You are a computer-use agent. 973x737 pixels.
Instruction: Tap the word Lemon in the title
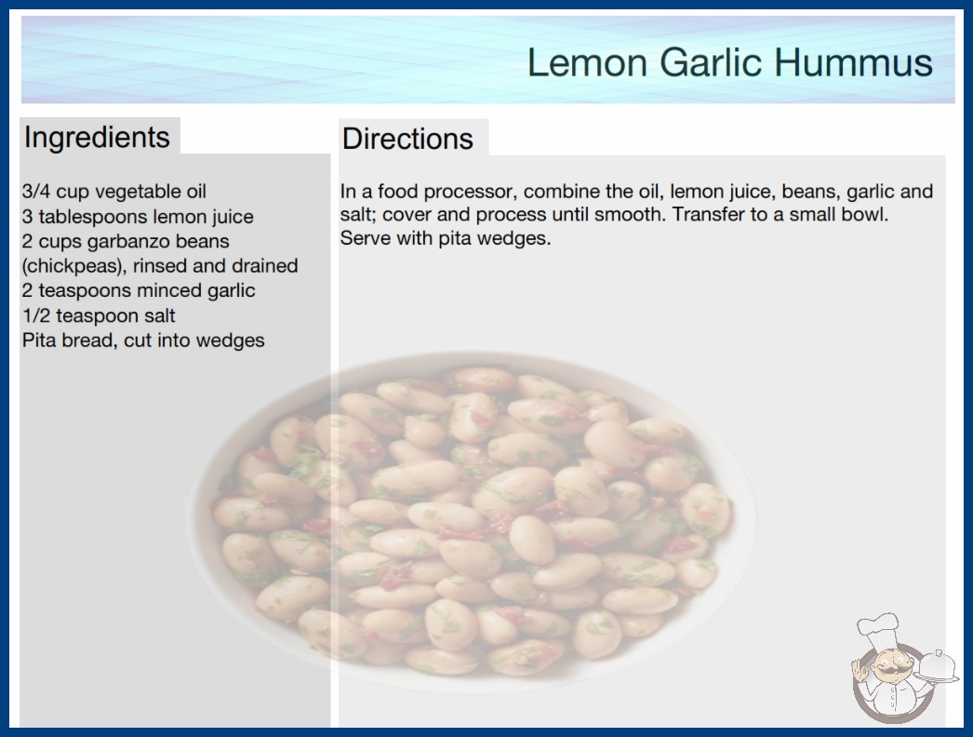587,62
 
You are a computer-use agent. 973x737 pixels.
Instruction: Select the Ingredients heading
97,137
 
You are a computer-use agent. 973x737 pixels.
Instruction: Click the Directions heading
407,139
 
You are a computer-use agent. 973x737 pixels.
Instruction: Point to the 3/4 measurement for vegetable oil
36,192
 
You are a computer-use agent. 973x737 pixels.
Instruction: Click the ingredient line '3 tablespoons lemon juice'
138,217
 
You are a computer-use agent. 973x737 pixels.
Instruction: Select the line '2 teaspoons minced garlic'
139,290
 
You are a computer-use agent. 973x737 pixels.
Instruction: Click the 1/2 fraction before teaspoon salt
36,315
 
